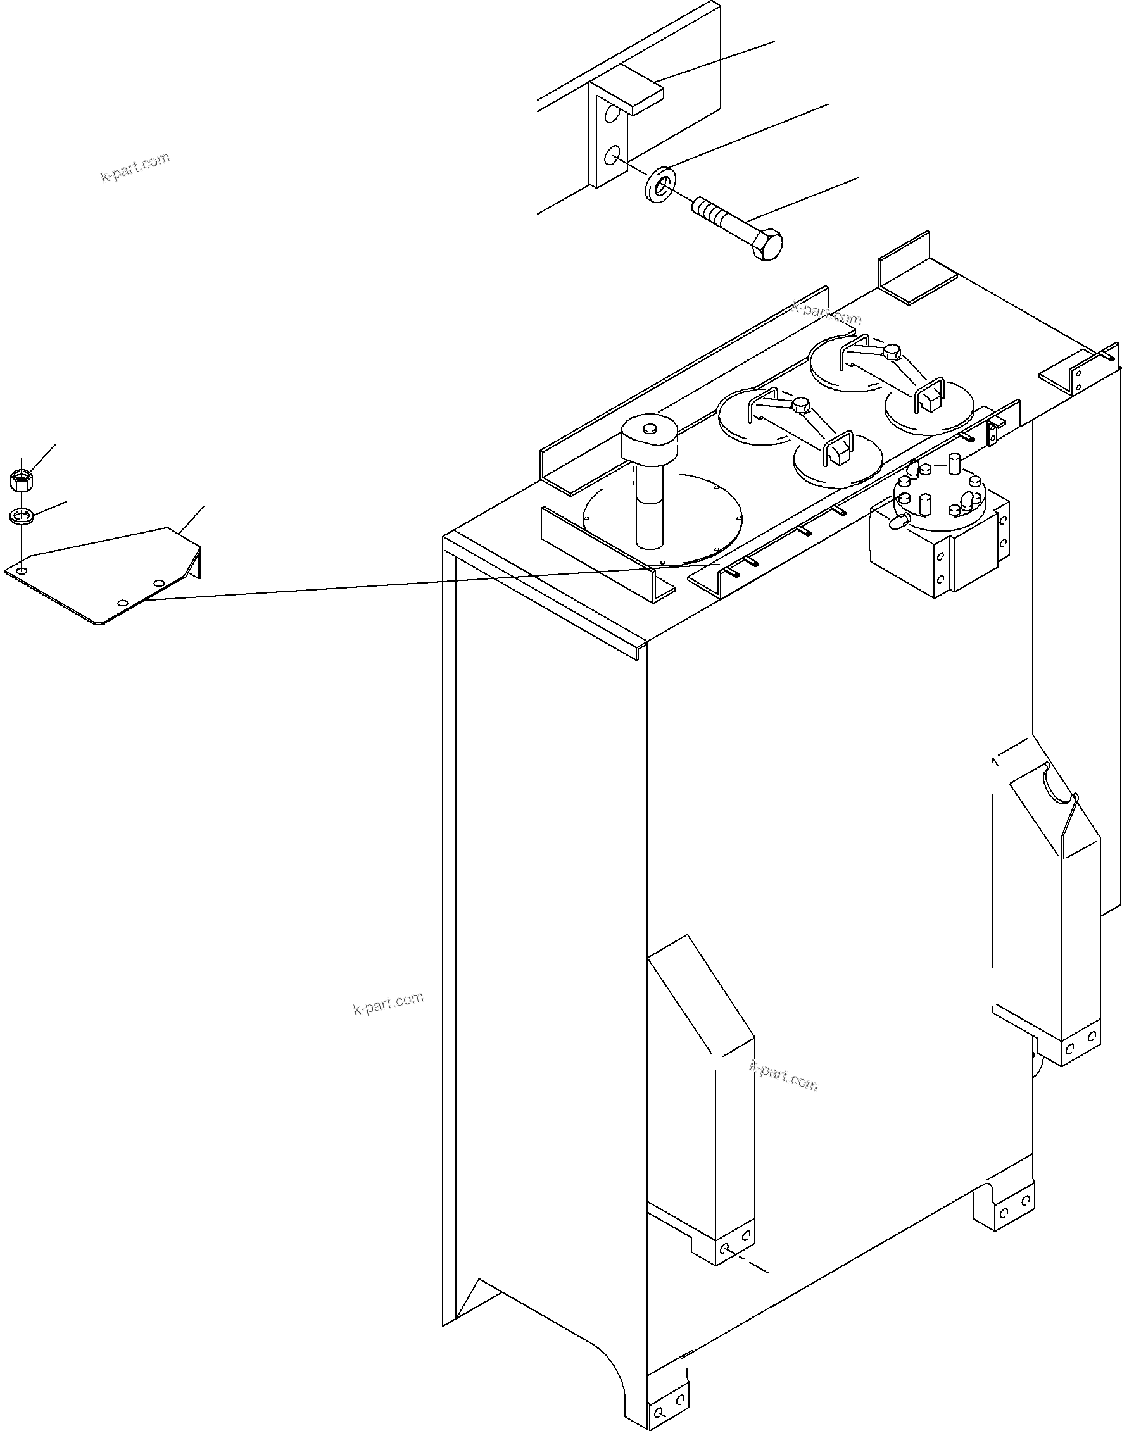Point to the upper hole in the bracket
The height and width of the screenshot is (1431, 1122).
[612, 115]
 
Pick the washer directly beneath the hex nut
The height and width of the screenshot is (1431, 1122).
[22, 516]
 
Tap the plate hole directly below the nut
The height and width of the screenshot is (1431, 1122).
[22, 572]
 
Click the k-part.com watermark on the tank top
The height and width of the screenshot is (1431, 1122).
[826, 314]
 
